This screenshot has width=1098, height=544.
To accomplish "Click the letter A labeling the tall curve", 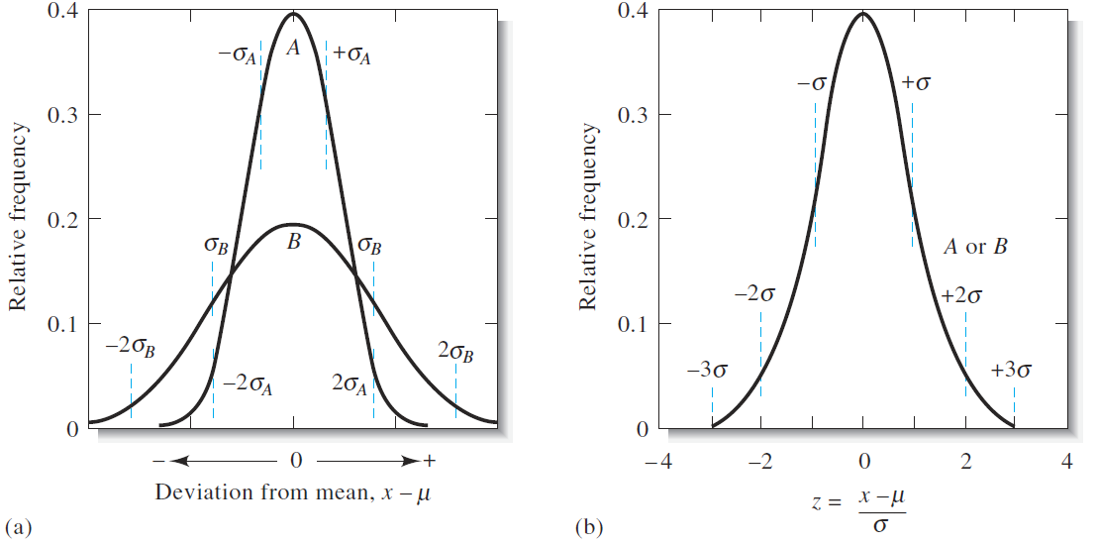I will pyautogui.click(x=293, y=47).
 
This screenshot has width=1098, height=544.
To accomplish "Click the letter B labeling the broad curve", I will pyautogui.click(x=293, y=240).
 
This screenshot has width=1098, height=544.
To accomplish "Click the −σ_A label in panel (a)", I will pyautogui.click(x=239, y=54).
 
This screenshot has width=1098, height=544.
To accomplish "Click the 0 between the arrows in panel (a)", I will pyautogui.click(x=295, y=461).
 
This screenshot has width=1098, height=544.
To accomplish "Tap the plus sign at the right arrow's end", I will pyautogui.click(x=429, y=461).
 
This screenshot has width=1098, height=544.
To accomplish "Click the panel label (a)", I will pyautogui.click(x=17, y=526).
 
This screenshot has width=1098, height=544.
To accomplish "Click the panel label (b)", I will pyautogui.click(x=588, y=526).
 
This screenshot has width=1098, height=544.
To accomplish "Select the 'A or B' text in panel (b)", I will pyautogui.click(x=975, y=247).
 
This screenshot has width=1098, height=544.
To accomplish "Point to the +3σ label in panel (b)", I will pyautogui.click(x=1010, y=372).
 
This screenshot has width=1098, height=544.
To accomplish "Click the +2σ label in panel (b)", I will pyautogui.click(x=962, y=294).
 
